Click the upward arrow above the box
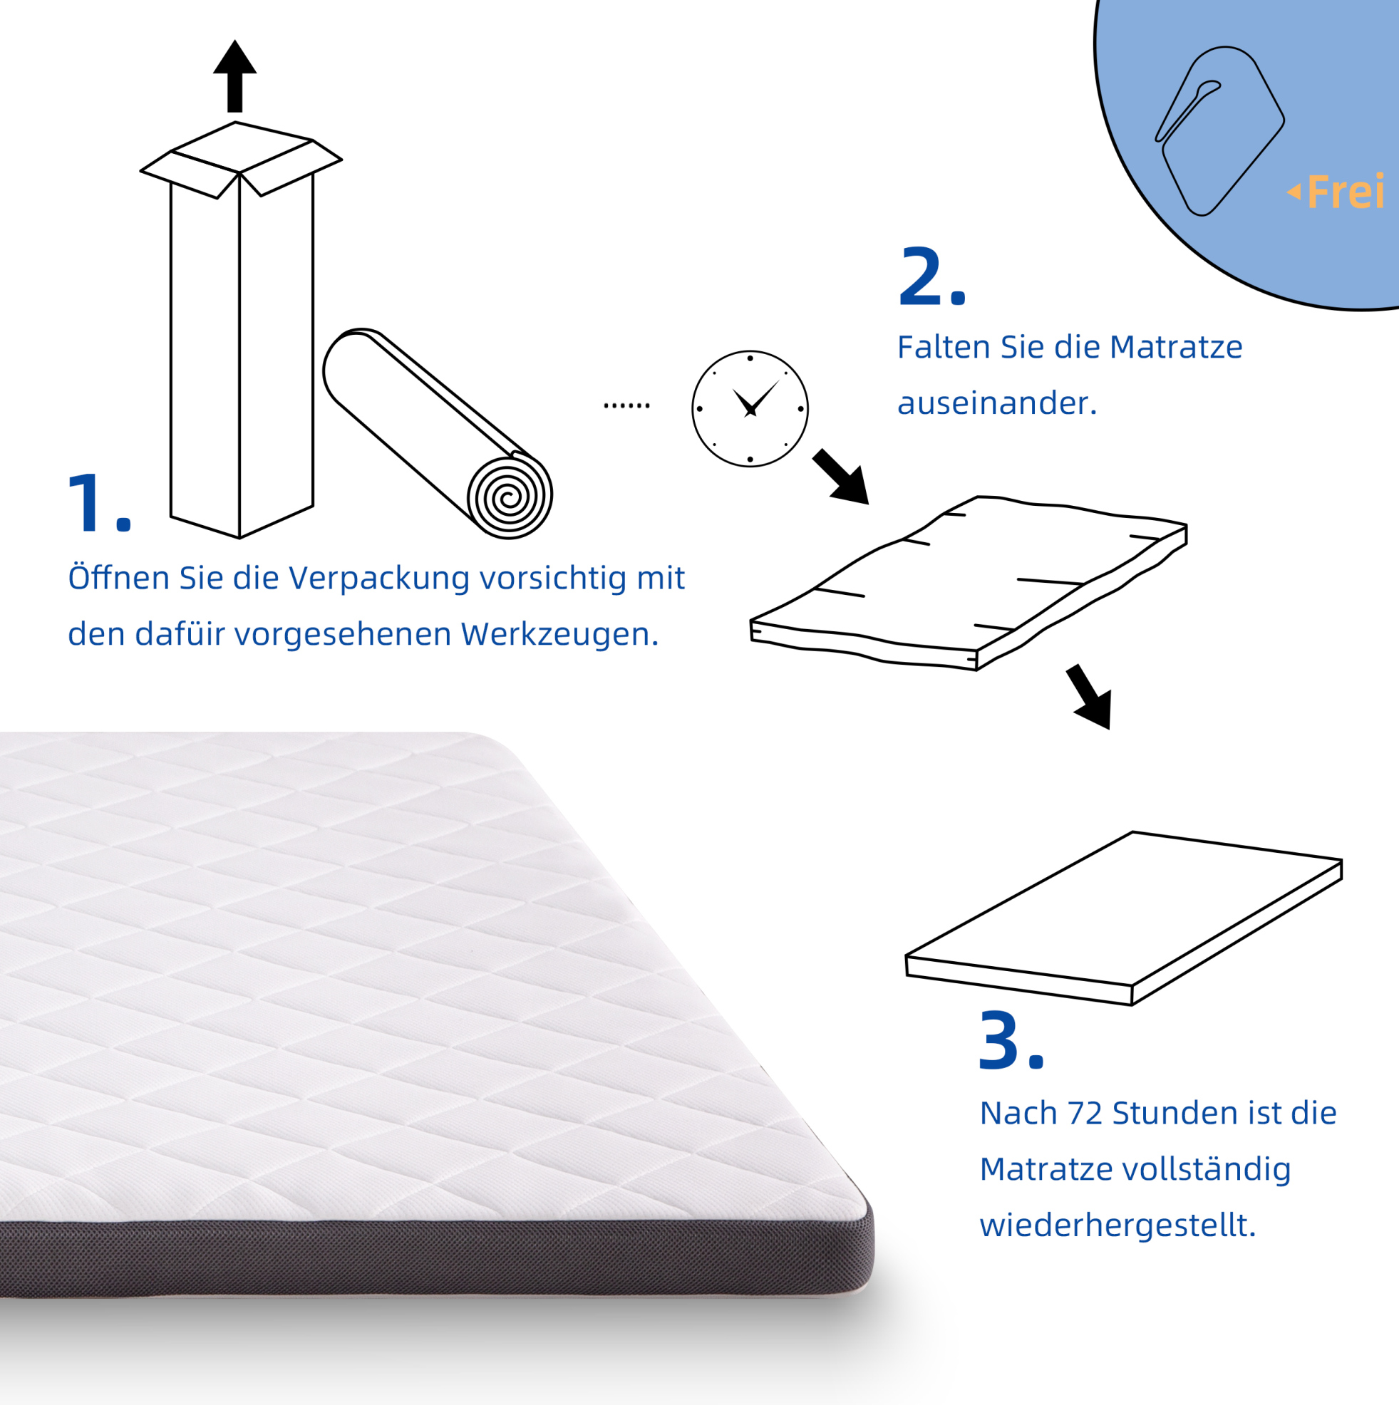234,76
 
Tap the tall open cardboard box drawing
240,331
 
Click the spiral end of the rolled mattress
510,497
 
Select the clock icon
750,409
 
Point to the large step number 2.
931,277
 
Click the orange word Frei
1345,192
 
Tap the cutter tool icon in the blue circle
1219,131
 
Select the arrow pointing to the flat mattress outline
1090,696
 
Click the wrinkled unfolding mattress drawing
969,584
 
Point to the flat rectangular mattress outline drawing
1124,918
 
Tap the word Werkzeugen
559,635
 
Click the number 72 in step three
1085,1114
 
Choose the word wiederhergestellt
1117,1225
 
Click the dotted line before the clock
626,405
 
